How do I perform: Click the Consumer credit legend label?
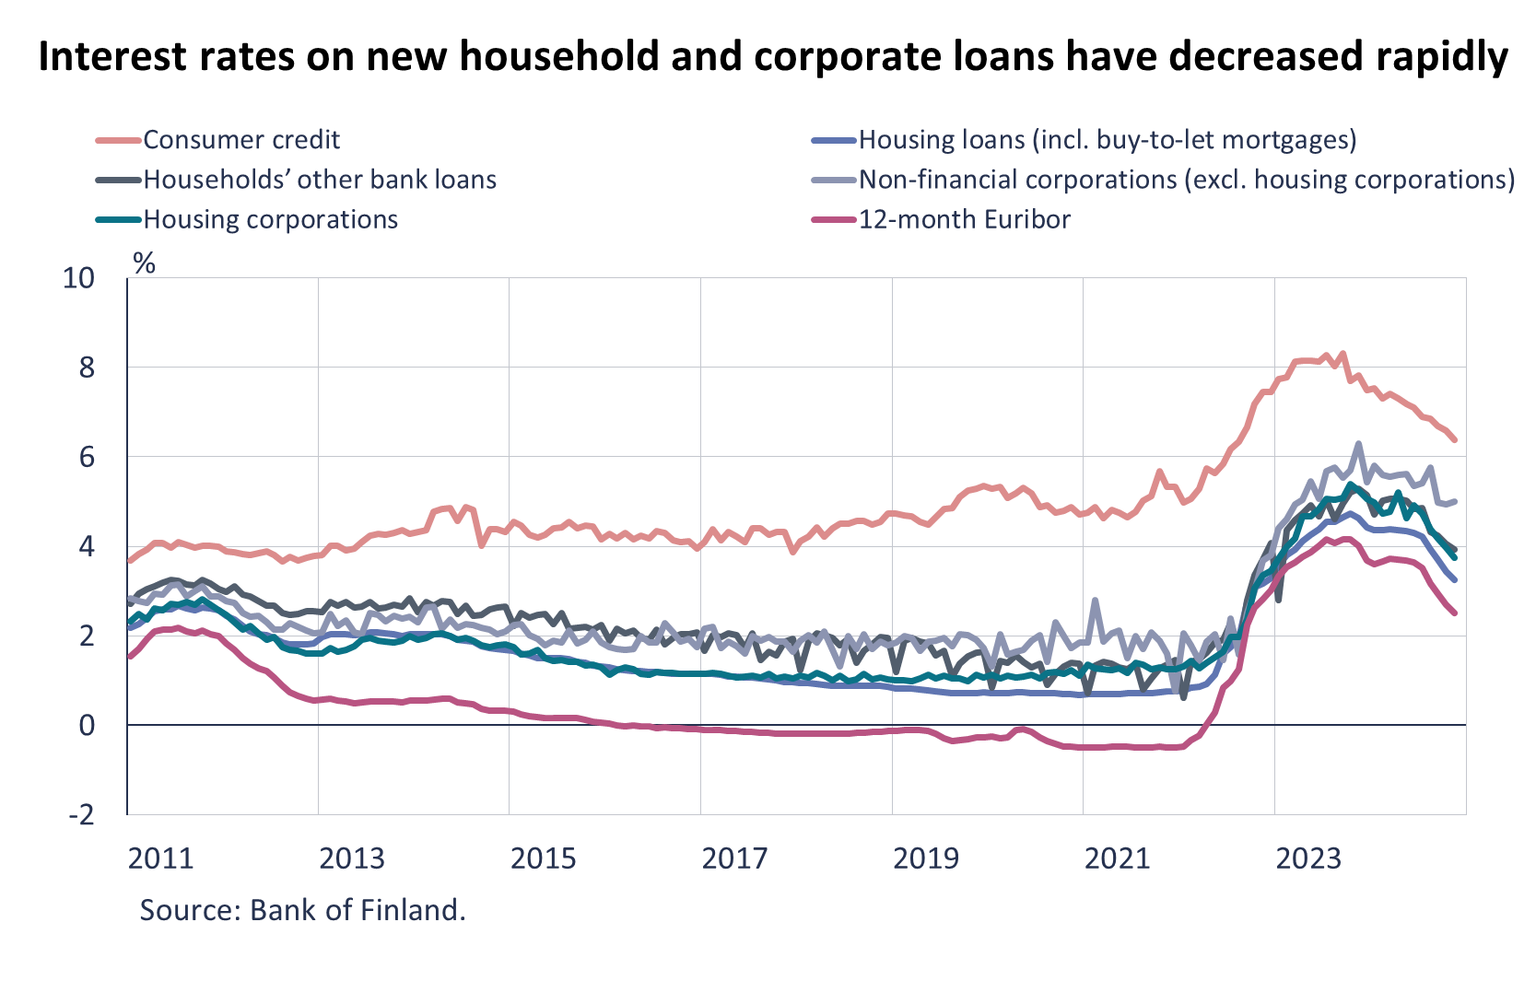coord(241,140)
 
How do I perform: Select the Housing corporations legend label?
coord(270,219)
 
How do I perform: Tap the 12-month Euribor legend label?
coord(965,219)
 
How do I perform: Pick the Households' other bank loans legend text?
coord(320,180)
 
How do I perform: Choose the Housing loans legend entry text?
coord(1108,140)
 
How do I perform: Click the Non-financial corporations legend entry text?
coord(1187,180)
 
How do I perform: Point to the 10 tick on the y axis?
coord(78,278)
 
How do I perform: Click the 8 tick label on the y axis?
coord(87,368)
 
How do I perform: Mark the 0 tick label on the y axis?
coord(87,726)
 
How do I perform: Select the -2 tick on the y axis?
coord(80,815)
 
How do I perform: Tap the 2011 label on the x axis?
coord(160,858)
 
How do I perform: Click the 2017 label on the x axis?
coord(734,858)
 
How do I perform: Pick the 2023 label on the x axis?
coord(1307,858)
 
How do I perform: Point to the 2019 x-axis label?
coord(926,858)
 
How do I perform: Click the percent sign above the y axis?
coord(145,263)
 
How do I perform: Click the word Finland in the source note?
coord(411,910)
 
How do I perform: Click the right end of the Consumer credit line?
coord(1455,441)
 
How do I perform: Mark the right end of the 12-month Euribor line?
coord(1455,613)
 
